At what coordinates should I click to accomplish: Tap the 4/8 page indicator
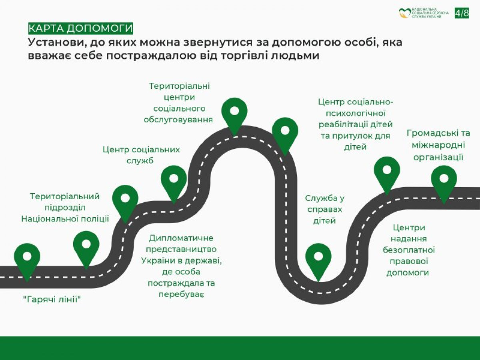click(x=462, y=13)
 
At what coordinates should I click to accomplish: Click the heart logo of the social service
click(x=405, y=13)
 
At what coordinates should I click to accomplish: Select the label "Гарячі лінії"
click(x=52, y=299)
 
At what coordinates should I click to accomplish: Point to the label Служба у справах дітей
click(x=324, y=209)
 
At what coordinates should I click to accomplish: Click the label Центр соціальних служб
click(x=141, y=155)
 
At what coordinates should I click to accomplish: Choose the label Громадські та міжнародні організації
click(x=438, y=145)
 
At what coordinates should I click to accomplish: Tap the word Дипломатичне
click(x=181, y=238)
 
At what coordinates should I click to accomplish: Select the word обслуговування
click(x=178, y=120)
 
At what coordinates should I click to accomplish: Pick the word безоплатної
click(x=409, y=250)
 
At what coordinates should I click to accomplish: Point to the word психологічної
click(x=356, y=114)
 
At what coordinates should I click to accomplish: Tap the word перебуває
click(x=181, y=295)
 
